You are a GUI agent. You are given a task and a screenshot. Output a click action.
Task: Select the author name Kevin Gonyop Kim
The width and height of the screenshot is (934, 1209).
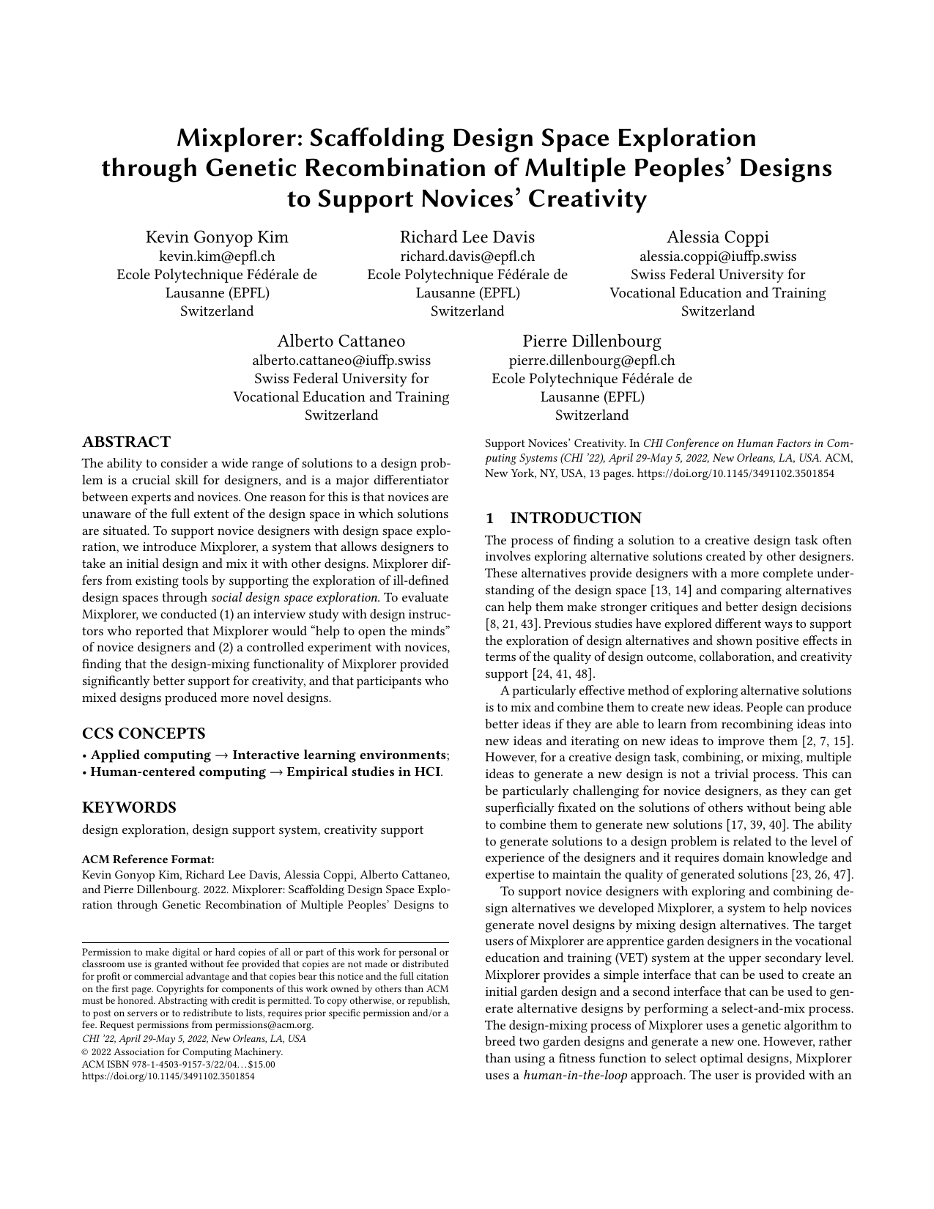tap(217, 237)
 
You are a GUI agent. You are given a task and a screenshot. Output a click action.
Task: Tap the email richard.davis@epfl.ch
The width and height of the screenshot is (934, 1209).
tap(467, 256)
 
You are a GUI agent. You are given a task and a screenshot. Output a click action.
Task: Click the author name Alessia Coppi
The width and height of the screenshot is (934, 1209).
tap(717, 237)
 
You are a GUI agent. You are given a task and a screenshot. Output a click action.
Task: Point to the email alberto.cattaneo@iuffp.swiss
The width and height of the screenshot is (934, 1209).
tap(341, 361)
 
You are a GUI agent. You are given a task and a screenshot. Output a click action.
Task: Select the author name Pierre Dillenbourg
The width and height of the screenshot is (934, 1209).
tap(591, 341)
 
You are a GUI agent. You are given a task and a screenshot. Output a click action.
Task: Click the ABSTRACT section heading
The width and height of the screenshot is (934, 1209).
tap(126, 442)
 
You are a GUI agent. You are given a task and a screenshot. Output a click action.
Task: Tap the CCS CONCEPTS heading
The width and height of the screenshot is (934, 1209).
tap(144, 733)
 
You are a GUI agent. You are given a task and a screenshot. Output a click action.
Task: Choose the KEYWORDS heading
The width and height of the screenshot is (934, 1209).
tap(129, 807)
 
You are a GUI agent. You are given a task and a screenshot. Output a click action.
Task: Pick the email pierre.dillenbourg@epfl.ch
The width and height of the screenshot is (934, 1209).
tap(591, 361)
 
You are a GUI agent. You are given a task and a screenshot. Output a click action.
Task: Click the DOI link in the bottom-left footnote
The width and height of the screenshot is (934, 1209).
tap(168, 1076)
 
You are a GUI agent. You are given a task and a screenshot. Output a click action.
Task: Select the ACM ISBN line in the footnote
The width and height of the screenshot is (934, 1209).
tap(178, 1064)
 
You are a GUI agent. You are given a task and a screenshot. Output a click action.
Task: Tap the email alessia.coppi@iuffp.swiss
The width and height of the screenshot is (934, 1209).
tap(717, 256)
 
